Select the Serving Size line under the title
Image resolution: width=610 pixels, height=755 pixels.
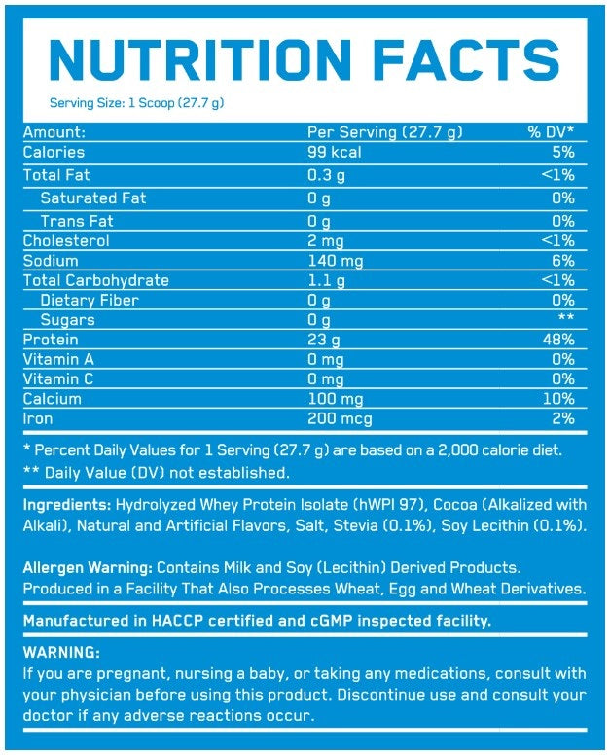[137, 103]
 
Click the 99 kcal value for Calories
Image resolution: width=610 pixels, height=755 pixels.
[334, 153]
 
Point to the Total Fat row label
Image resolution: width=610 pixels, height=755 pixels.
[57, 175]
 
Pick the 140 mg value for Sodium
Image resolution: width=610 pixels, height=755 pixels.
[337, 261]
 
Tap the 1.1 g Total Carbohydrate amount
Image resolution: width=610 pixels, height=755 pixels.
[327, 280]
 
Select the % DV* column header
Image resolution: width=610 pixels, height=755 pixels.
[551, 132]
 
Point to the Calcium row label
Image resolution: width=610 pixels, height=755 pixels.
[52, 399]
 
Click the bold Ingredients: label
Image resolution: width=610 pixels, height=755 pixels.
[66, 506]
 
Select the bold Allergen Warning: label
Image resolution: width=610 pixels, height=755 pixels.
[88, 567]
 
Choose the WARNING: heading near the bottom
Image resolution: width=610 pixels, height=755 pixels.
[61, 653]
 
